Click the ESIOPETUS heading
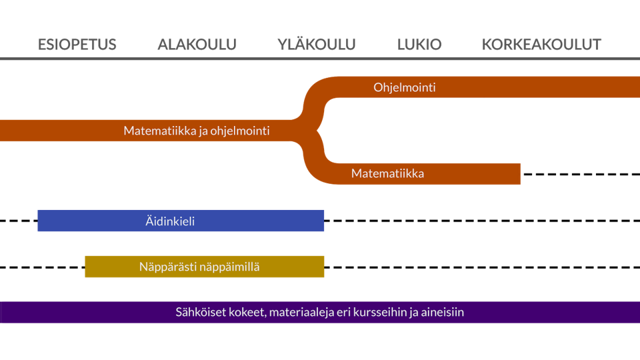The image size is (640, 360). (x=77, y=45)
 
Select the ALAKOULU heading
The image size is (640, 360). (x=197, y=45)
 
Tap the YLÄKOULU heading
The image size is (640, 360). (x=316, y=45)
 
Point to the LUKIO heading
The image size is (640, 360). (x=419, y=45)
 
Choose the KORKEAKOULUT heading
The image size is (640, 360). (x=541, y=45)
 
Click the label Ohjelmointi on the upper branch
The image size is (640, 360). (x=405, y=87)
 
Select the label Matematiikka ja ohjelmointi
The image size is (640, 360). (x=197, y=131)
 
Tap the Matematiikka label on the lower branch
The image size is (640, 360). (x=387, y=174)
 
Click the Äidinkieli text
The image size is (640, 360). (x=170, y=221)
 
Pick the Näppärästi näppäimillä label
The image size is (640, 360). (x=199, y=267)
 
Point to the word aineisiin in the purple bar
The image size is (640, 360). (x=442, y=312)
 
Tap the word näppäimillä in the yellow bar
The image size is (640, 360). (x=230, y=267)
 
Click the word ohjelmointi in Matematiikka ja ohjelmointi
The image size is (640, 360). (x=240, y=131)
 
